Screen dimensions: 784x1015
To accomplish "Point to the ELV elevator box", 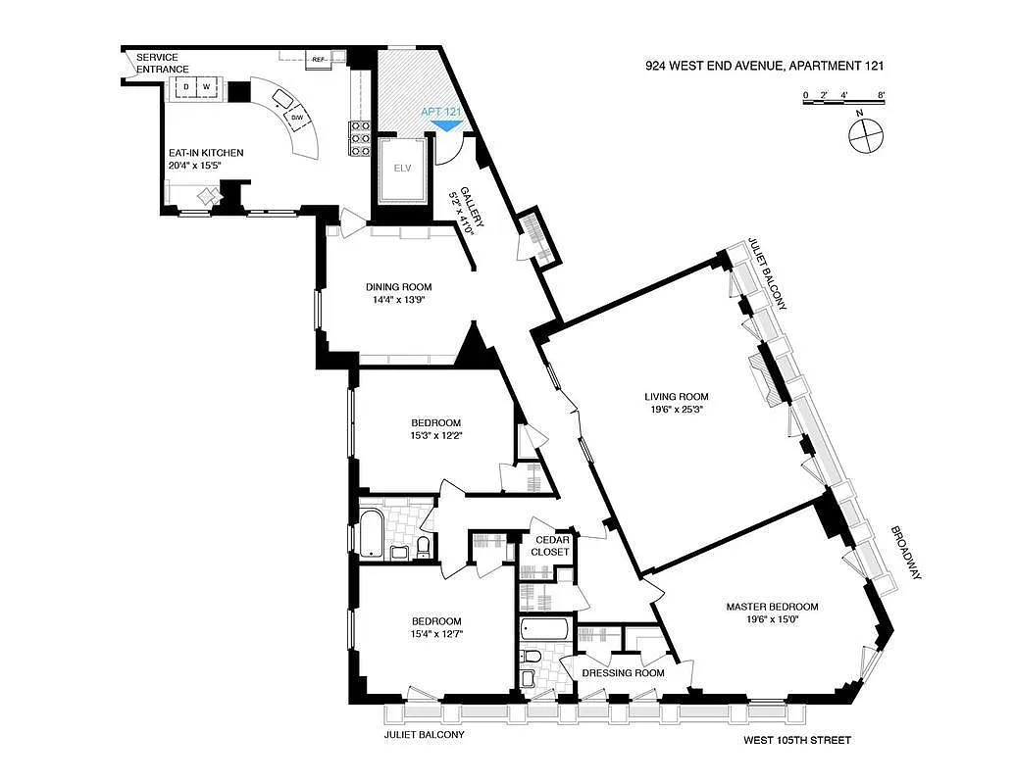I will tap(401, 168).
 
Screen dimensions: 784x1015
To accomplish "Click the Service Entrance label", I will tap(163, 63).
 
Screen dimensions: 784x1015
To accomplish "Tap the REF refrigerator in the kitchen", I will tap(318, 59).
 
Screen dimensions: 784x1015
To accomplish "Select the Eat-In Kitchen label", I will tap(205, 153).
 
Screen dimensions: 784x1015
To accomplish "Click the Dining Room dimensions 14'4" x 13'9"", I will tap(398, 302).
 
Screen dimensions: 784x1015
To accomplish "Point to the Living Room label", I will tap(674, 397).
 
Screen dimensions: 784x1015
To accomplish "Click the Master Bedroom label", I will tap(772, 607).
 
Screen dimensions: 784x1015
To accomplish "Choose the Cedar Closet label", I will tap(549, 546).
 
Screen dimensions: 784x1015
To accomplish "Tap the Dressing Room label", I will tap(623, 673).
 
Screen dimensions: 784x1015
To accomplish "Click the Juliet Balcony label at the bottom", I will tap(424, 734).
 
